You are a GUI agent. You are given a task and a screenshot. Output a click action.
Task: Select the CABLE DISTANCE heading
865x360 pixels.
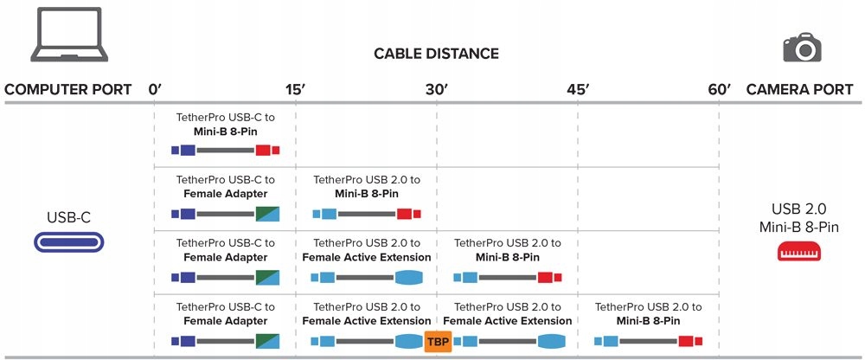click(x=436, y=54)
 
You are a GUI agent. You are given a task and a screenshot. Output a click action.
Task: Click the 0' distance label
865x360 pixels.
click(x=156, y=89)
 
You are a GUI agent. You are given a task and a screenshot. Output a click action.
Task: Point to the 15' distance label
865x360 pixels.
click(x=295, y=89)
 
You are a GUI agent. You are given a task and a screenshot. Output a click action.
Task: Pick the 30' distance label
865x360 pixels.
click(x=436, y=89)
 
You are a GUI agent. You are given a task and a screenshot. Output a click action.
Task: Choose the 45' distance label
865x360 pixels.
click(x=577, y=89)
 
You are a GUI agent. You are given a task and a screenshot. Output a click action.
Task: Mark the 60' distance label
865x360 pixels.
click(x=719, y=89)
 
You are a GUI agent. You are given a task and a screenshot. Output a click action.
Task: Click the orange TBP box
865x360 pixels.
click(x=437, y=341)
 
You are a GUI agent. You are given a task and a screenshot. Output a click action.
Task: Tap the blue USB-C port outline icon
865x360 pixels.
click(x=68, y=241)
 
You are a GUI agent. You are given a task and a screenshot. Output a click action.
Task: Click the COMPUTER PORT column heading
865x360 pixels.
click(x=68, y=89)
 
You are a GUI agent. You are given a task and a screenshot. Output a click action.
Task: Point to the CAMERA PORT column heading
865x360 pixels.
click(x=799, y=89)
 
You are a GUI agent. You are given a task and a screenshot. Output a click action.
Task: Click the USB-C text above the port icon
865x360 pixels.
click(x=68, y=217)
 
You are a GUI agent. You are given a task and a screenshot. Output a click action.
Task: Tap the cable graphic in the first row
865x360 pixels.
click(x=225, y=151)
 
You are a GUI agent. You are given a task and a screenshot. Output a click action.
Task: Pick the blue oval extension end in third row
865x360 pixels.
click(x=409, y=278)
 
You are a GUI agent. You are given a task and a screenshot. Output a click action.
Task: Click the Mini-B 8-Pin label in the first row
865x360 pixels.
click(x=225, y=132)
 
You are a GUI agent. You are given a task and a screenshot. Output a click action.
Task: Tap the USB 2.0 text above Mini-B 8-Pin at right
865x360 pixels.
click(x=799, y=209)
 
